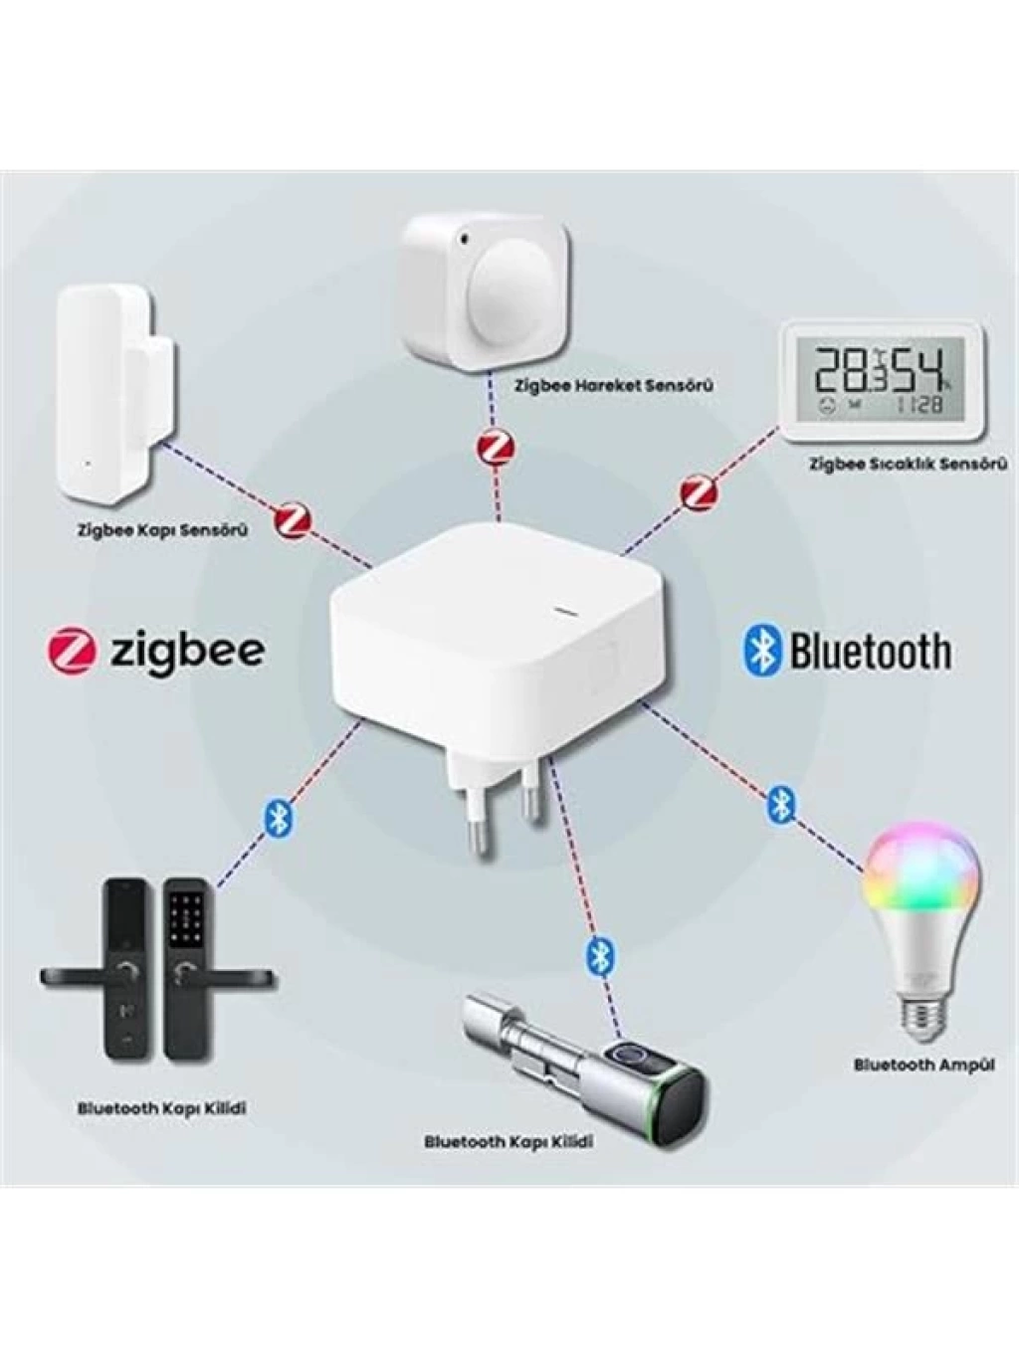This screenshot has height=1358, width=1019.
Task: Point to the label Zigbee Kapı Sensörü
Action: point(162,530)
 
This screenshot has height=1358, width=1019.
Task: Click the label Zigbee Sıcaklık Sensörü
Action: point(907,464)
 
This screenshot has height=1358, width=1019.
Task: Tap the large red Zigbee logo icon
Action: point(72,650)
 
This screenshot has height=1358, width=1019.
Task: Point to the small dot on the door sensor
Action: point(87,462)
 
